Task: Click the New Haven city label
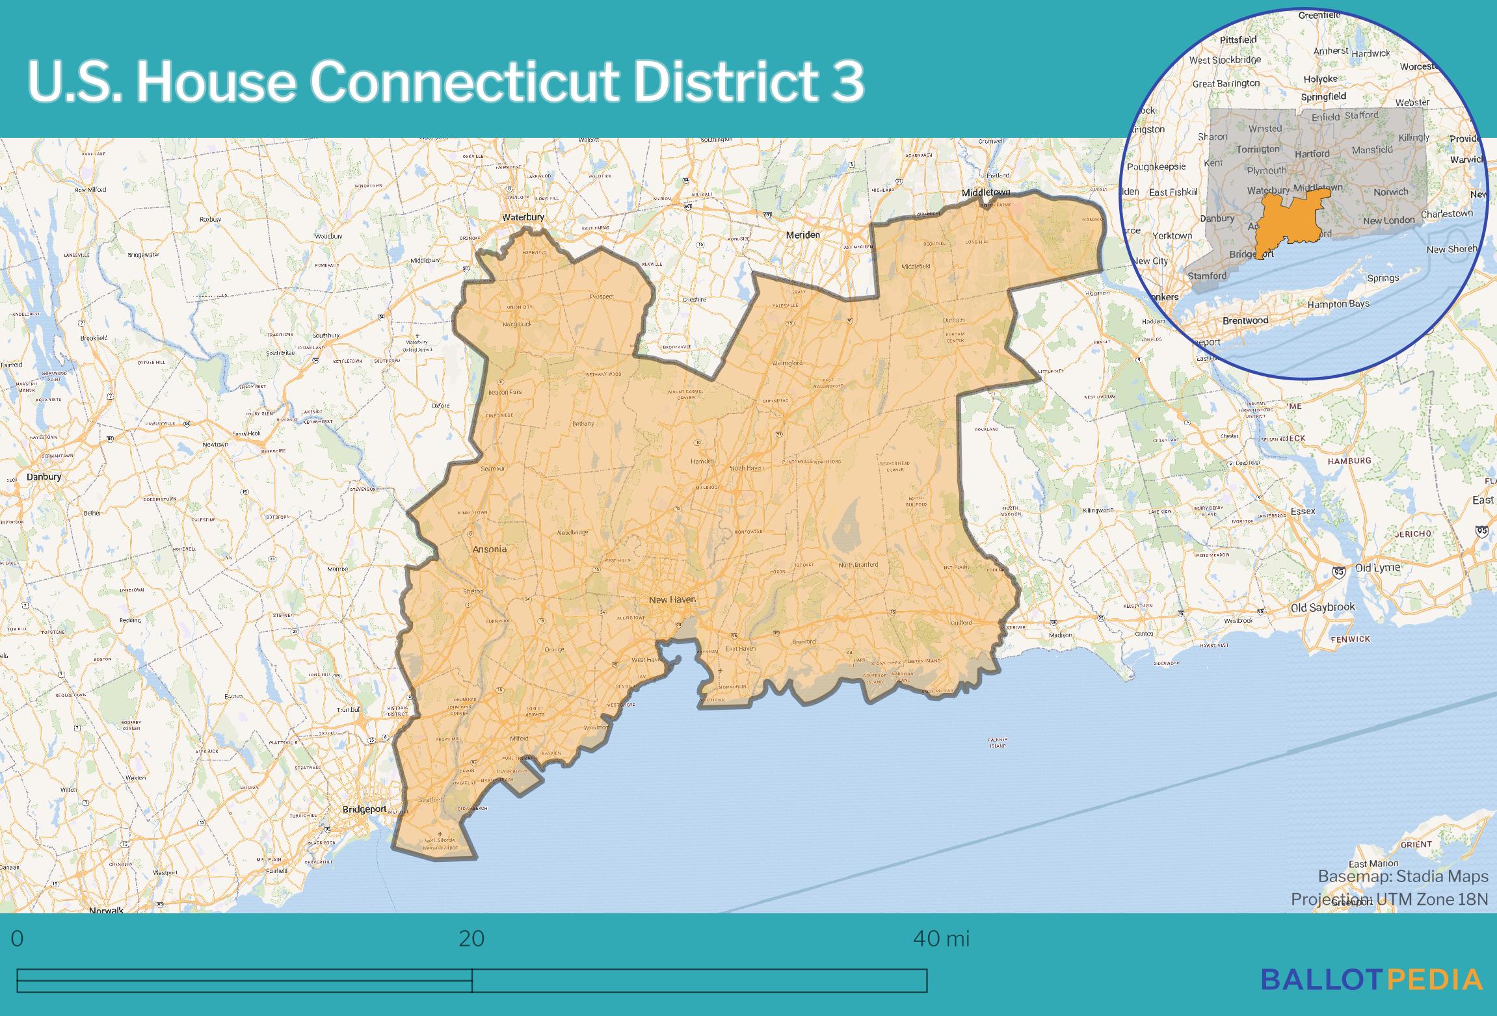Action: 672,599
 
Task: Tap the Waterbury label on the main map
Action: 522,217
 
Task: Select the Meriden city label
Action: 802,235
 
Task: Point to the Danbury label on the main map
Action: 44,476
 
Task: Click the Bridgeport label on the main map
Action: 364,809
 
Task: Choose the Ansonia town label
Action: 489,549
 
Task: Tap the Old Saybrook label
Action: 1323,607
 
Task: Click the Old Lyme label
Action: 1377,567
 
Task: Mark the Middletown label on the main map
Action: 987,192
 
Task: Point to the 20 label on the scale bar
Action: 471,939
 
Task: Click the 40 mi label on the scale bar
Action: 941,939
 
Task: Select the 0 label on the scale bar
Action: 18,939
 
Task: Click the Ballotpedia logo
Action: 1372,979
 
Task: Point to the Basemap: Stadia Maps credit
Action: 1403,876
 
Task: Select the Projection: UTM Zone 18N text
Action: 1389,899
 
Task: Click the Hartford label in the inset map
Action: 1312,154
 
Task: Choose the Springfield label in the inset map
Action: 1323,97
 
